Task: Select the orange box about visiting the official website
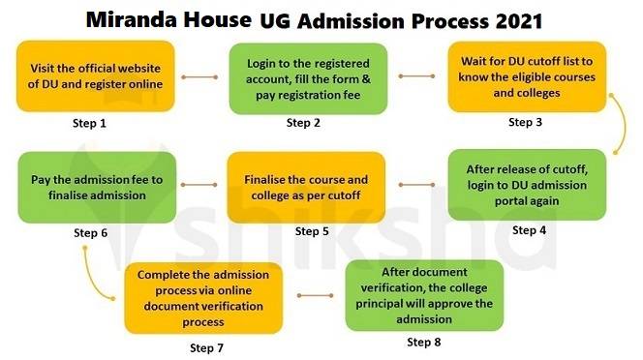coord(96,75)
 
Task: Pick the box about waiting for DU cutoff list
coord(526,75)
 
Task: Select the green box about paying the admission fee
coord(96,187)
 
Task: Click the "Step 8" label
coord(425,342)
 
